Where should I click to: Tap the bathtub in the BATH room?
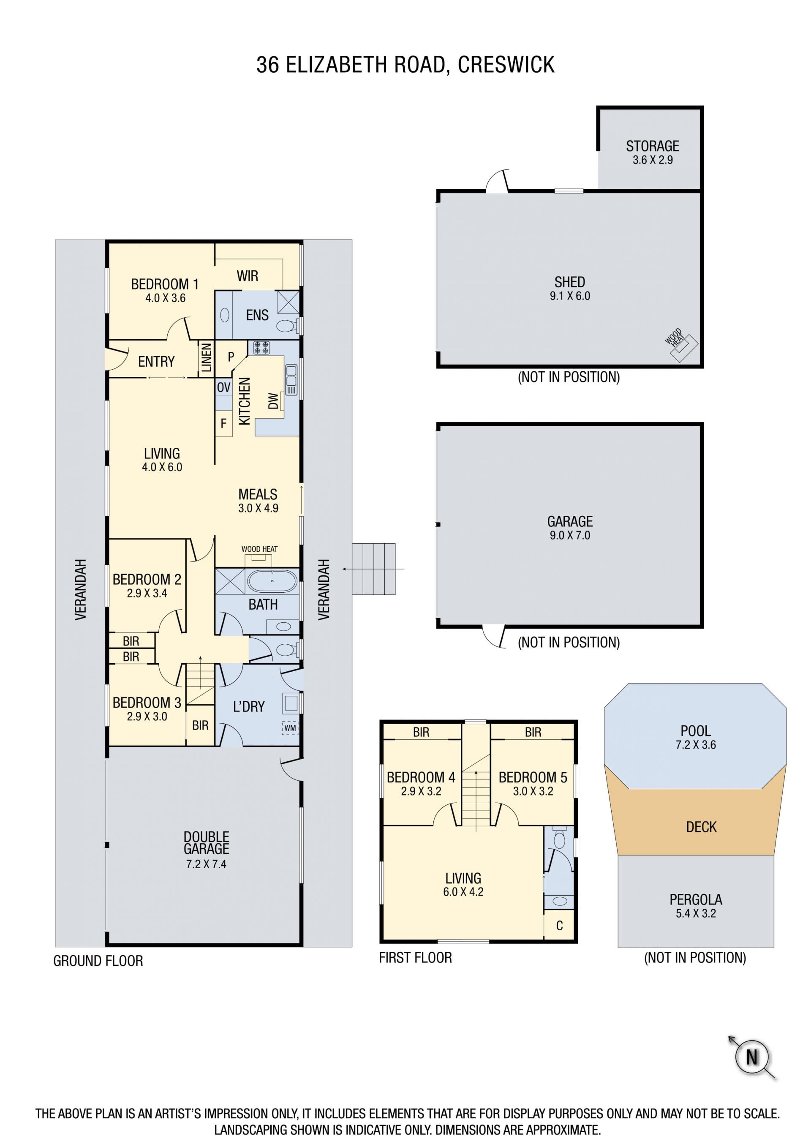272,581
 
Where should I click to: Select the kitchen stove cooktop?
261,348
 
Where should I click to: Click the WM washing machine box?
290,728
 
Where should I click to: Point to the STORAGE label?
652,146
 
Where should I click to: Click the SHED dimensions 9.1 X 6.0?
570,296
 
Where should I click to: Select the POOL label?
696,731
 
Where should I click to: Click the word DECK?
701,827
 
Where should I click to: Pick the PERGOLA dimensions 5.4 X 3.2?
696,913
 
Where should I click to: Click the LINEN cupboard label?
206,358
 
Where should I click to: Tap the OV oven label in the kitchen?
224,387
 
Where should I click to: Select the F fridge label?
224,423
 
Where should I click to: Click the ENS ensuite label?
257,315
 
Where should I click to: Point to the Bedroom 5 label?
533,777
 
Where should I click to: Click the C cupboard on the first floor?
559,926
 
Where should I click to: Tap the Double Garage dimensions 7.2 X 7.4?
206,864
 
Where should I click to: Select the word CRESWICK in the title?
506,65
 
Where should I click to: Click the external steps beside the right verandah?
373,569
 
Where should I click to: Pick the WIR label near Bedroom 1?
247,276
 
